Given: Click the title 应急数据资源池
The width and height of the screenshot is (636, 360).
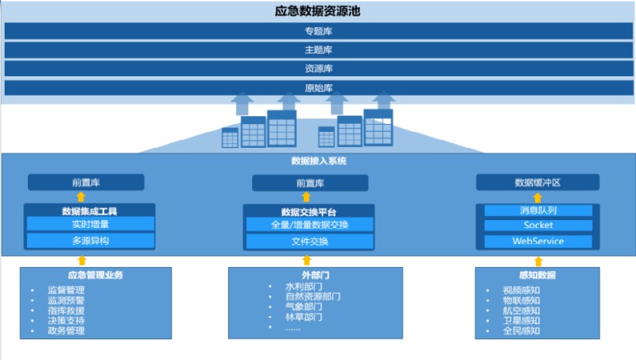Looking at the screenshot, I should point(318,12).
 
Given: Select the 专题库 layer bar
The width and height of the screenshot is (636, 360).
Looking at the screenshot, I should point(318,31).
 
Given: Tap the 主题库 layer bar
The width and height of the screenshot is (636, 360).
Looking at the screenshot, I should point(318,50).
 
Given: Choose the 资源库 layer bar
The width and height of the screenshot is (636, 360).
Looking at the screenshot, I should point(318,69).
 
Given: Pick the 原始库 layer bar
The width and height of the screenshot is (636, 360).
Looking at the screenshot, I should point(318,87).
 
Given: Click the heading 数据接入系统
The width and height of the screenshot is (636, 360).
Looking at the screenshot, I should point(318,161).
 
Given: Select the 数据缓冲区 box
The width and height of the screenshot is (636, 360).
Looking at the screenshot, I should point(537,183).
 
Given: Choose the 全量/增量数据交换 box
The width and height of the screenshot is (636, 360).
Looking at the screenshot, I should point(308,224).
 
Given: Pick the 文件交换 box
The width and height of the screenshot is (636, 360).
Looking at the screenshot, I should point(308,241).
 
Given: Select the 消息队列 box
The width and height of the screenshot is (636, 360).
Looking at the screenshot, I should point(538,211).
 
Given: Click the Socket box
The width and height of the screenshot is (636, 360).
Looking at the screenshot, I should point(538,225).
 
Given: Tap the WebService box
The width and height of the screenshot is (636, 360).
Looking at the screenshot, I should point(538,241).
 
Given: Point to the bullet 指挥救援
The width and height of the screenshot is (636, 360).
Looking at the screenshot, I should point(66,311).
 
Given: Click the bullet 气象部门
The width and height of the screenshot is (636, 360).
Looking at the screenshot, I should point(304,307).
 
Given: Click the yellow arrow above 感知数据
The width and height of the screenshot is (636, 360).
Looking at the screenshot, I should point(538,261).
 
